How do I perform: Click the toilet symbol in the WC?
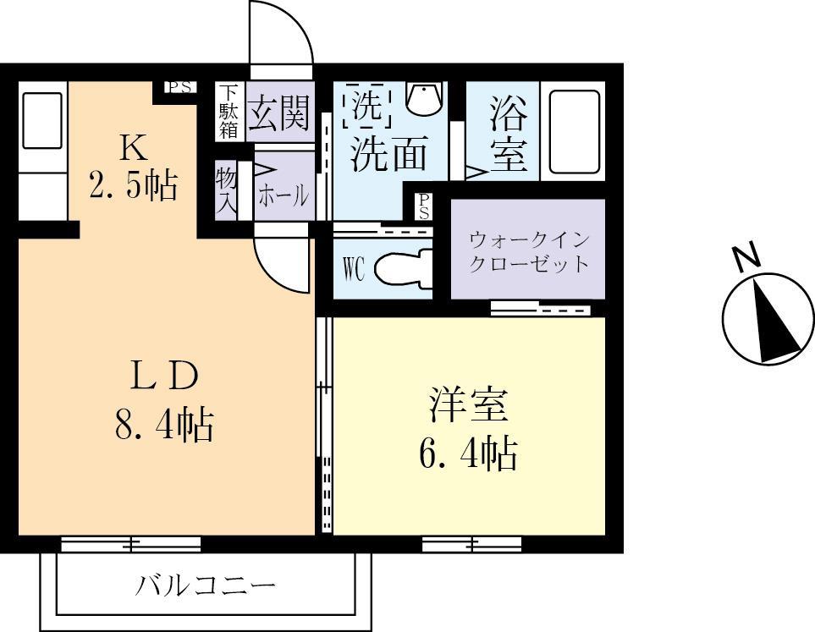(x=399, y=270)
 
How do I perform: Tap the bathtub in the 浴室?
(x=575, y=132)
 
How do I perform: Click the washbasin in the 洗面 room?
(x=423, y=99)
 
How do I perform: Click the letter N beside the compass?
(x=746, y=257)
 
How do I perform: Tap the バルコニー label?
(x=206, y=585)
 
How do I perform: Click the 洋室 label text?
(x=468, y=404)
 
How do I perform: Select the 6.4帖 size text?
(x=468, y=454)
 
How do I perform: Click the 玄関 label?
(x=278, y=112)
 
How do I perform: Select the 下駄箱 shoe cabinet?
(x=229, y=111)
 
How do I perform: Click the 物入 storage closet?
(x=226, y=190)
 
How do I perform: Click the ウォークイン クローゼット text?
(x=529, y=250)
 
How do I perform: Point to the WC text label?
(x=353, y=270)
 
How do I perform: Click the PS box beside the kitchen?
(x=179, y=87)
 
